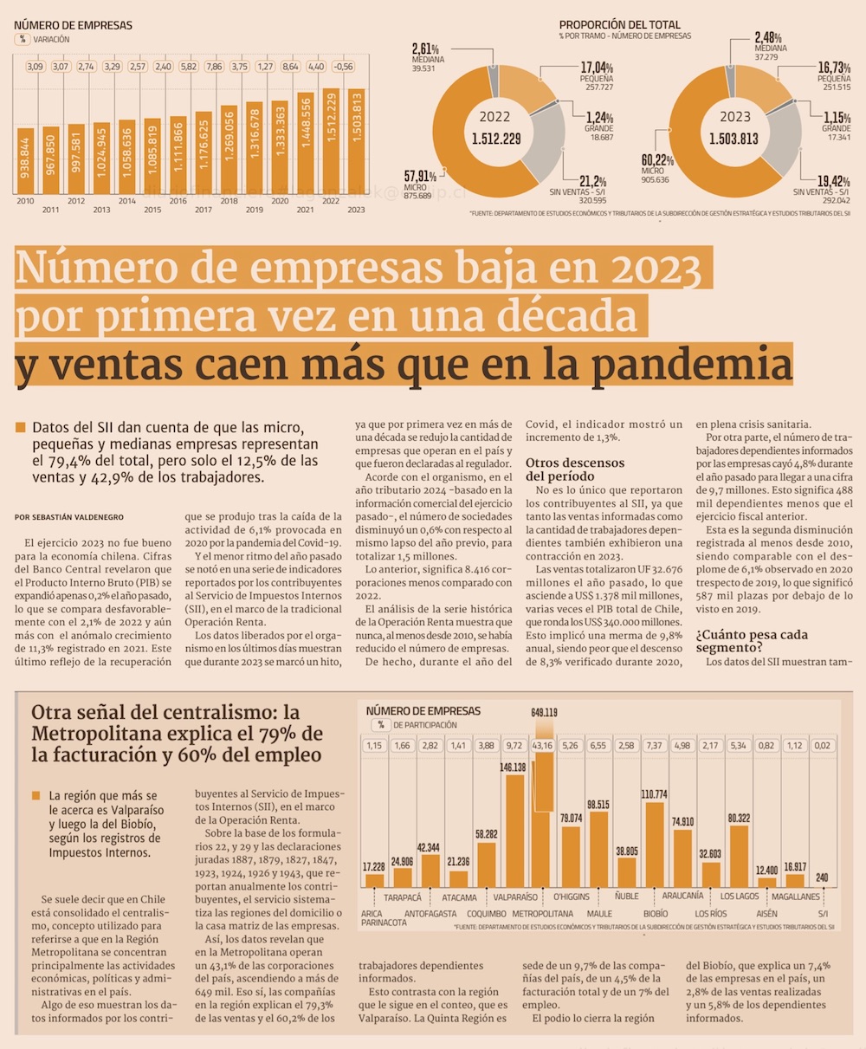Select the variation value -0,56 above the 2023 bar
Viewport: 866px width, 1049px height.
click(344, 67)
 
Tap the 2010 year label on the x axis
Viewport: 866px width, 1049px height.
click(24, 201)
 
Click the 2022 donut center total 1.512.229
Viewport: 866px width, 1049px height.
click(495, 139)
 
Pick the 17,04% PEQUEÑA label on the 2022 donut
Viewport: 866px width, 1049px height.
click(596, 73)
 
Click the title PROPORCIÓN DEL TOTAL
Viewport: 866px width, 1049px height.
click(620, 25)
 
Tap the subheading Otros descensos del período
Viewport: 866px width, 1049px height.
click(574, 469)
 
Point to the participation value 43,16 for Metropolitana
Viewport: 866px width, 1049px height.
click(543, 745)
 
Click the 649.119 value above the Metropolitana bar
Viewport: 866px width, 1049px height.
click(544, 713)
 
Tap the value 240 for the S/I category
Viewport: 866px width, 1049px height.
click(822, 877)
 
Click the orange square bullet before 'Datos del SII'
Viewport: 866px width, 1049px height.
click(20, 427)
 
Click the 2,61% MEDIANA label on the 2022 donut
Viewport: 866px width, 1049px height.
click(426, 54)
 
